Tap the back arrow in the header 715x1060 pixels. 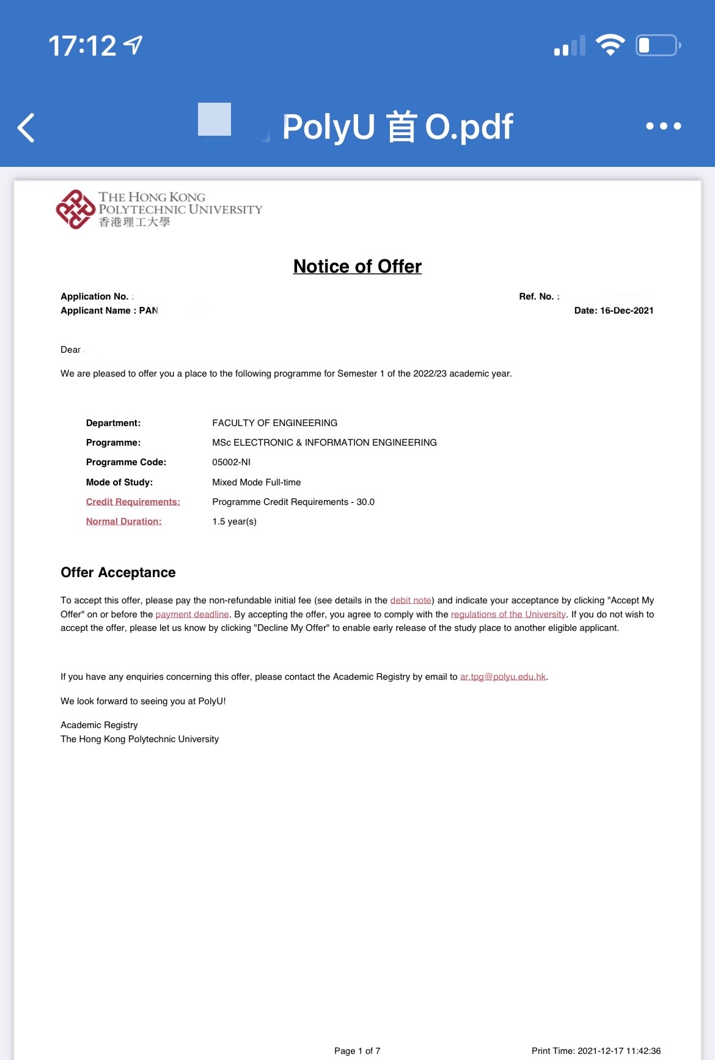click(x=26, y=127)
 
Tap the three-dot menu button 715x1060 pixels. click(x=663, y=126)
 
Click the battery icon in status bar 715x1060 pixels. click(x=658, y=45)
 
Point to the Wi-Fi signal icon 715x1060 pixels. click(x=609, y=45)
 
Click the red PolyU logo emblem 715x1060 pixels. click(x=75, y=209)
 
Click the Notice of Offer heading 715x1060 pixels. click(x=358, y=267)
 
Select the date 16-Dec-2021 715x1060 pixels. click(x=626, y=311)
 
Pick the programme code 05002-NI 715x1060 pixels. click(x=231, y=462)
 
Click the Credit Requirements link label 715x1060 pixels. click(x=133, y=502)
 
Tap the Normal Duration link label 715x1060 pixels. click(x=123, y=521)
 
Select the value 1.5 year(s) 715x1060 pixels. click(x=234, y=521)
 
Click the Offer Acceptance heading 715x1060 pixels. click(x=118, y=572)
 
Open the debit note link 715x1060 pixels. click(x=411, y=600)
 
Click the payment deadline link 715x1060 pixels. click(x=192, y=614)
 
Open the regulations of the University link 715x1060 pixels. click(x=508, y=614)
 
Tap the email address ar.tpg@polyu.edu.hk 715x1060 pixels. click(x=502, y=677)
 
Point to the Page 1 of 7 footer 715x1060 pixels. click(x=357, y=1050)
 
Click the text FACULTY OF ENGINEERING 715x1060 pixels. click(x=274, y=423)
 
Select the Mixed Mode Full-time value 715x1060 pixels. click(x=256, y=482)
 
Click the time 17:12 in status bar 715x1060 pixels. click(x=82, y=46)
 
